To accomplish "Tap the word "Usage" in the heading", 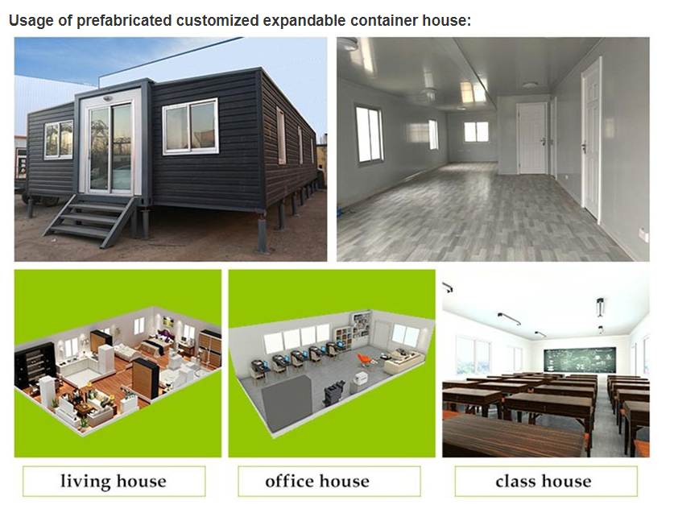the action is (31, 20).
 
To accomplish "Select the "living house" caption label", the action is (114, 481).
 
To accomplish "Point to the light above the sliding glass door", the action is (108, 98).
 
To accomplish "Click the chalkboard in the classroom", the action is (580, 360).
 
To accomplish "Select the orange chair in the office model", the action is (364, 359).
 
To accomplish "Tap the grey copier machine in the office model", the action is (334, 394).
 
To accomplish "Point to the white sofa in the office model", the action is (403, 360).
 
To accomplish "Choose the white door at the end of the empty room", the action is (532, 138).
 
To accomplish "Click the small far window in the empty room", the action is (476, 131).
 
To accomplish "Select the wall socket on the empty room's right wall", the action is (643, 234).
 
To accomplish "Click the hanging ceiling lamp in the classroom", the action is (601, 307).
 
